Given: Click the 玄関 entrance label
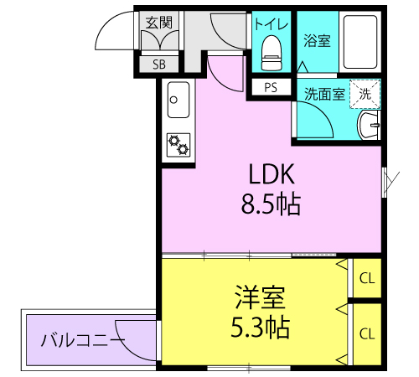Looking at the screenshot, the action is pyautogui.click(x=159, y=23).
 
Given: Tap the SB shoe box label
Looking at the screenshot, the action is pyautogui.click(x=159, y=65).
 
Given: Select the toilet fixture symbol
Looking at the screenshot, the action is pyautogui.click(x=272, y=53).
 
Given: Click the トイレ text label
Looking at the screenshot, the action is pyautogui.click(x=271, y=23).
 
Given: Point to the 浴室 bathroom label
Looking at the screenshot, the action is pyautogui.click(x=317, y=41).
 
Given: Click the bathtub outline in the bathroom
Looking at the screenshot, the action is pyautogui.click(x=360, y=42).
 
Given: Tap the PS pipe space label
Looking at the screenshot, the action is pyautogui.click(x=271, y=88).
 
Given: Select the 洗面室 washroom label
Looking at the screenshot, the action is pyautogui.click(x=324, y=94).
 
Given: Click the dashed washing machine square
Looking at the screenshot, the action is pyautogui.click(x=365, y=94).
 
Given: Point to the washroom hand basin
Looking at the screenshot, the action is pyautogui.click(x=369, y=125).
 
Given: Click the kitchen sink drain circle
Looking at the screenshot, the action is pyautogui.click(x=173, y=100).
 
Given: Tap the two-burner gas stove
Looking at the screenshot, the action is pyautogui.click(x=178, y=145).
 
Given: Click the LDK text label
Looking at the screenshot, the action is pyautogui.click(x=272, y=174).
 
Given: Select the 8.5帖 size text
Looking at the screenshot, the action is pyautogui.click(x=271, y=204).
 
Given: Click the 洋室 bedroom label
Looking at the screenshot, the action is pyautogui.click(x=260, y=297).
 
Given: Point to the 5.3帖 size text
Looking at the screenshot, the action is pyautogui.click(x=260, y=327).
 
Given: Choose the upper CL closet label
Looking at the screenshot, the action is pyautogui.click(x=367, y=278).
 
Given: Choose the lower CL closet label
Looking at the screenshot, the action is pyautogui.click(x=367, y=333).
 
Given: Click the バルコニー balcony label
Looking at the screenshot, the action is pyautogui.click(x=83, y=340).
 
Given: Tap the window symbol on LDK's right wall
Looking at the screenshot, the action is pyautogui.click(x=385, y=182).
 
